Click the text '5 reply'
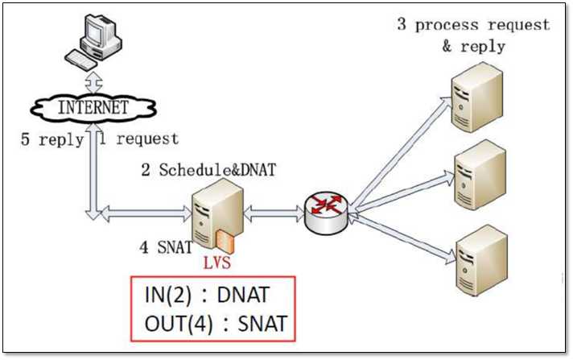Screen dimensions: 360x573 [52, 139]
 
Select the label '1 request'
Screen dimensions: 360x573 [138, 139]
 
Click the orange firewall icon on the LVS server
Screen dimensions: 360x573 [223, 239]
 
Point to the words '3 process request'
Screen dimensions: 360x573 [473, 24]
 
